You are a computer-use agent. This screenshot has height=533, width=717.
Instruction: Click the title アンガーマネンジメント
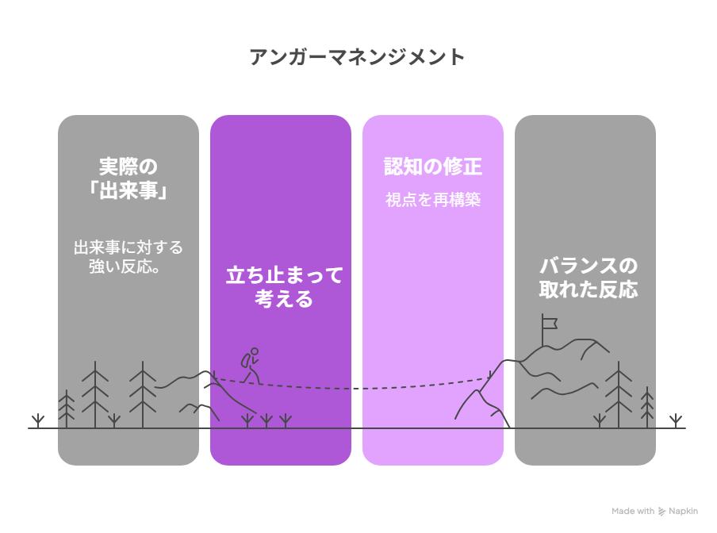click(357, 57)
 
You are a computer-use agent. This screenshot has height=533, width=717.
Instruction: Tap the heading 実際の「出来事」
click(128, 178)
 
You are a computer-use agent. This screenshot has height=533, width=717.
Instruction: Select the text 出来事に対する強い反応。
click(128, 257)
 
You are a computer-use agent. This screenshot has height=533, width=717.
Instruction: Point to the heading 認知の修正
click(432, 167)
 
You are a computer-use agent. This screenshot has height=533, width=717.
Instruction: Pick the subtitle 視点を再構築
click(433, 200)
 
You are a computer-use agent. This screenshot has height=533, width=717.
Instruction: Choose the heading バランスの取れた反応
click(589, 278)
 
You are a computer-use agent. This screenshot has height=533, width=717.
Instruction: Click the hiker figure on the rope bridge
click(251, 366)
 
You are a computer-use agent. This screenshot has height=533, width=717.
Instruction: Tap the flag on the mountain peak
click(549, 324)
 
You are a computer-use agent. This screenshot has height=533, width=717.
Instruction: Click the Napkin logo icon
click(661, 512)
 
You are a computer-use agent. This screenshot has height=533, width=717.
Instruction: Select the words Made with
click(633, 511)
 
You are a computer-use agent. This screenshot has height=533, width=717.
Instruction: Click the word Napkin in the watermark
click(683, 512)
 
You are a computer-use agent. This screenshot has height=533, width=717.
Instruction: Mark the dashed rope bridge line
click(352, 388)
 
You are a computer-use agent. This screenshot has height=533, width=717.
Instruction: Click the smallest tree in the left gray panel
click(67, 408)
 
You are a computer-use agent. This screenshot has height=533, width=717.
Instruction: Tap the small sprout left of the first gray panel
click(38, 420)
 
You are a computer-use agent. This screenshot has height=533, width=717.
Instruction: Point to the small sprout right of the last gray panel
click(676, 420)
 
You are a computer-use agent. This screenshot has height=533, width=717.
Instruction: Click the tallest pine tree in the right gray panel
click(619, 394)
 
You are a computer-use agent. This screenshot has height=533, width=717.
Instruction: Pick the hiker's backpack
click(246, 360)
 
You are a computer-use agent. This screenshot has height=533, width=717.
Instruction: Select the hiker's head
click(255, 351)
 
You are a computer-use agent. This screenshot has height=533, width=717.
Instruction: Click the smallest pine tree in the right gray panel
click(647, 408)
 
